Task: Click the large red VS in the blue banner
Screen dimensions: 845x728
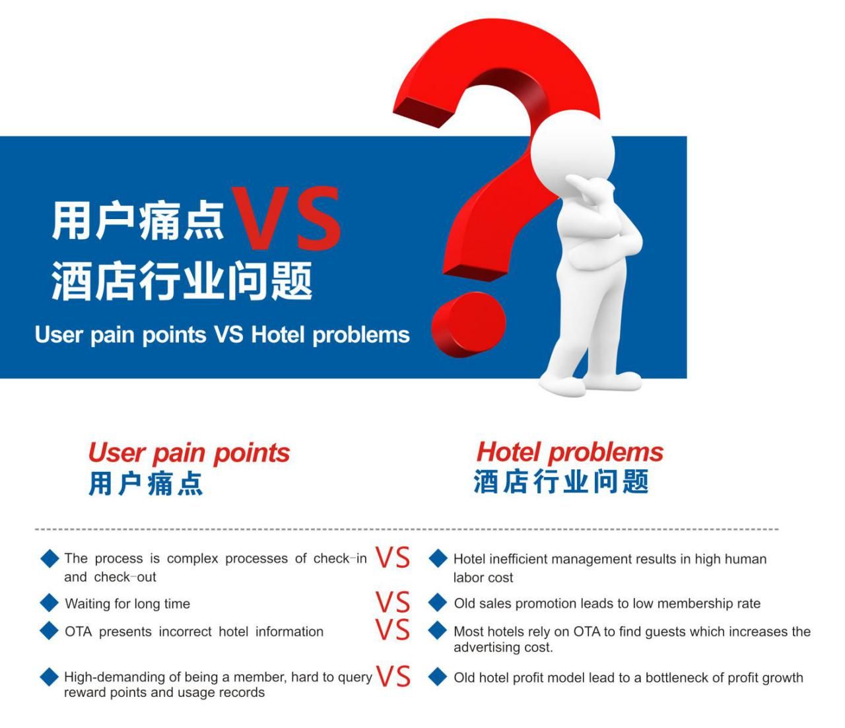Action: tap(286, 218)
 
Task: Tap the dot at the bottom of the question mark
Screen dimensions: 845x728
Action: tap(469, 325)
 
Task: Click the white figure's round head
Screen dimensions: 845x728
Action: tap(572, 152)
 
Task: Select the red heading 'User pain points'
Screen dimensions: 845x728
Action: tap(189, 453)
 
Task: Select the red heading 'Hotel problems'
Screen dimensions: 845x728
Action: tap(570, 453)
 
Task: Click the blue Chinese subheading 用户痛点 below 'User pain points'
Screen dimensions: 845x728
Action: tap(145, 484)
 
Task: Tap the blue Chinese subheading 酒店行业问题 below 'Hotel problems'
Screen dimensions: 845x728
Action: tap(561, 482)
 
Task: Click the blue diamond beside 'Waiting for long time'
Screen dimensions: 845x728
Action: tap(50, 603)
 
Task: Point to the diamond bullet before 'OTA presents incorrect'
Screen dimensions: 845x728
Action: tap(50, 631)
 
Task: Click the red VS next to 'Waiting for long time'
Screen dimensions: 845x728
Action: tap(392, 602)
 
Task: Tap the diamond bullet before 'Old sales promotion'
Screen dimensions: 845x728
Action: tap(438, 603)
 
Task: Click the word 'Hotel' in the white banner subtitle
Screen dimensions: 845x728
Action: tap(278, 335)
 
